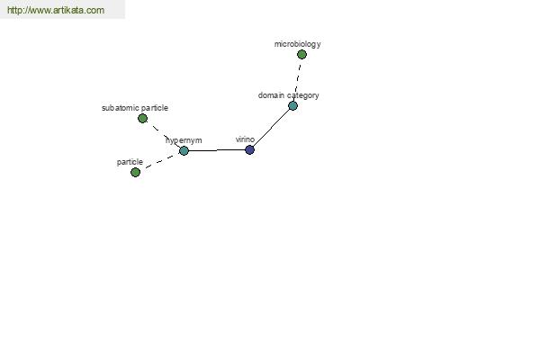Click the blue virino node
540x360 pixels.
249,150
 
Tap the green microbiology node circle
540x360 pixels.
301,54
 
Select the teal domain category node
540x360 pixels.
292,106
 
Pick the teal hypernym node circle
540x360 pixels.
184,150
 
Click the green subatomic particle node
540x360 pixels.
142,119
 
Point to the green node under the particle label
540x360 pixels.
136,172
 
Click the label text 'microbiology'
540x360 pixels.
298,44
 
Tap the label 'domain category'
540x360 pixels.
289,95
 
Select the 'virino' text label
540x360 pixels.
245,139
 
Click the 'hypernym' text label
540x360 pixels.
184,140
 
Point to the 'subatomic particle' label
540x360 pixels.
135,108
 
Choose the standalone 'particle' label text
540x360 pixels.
130,162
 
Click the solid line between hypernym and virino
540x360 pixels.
217,150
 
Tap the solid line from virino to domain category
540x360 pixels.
272,128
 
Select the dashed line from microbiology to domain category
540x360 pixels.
298,80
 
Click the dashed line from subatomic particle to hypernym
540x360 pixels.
163,135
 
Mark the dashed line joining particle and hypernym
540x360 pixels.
160,162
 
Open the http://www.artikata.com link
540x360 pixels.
56,10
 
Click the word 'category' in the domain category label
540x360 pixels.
303,95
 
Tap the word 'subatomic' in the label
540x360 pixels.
121,108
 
